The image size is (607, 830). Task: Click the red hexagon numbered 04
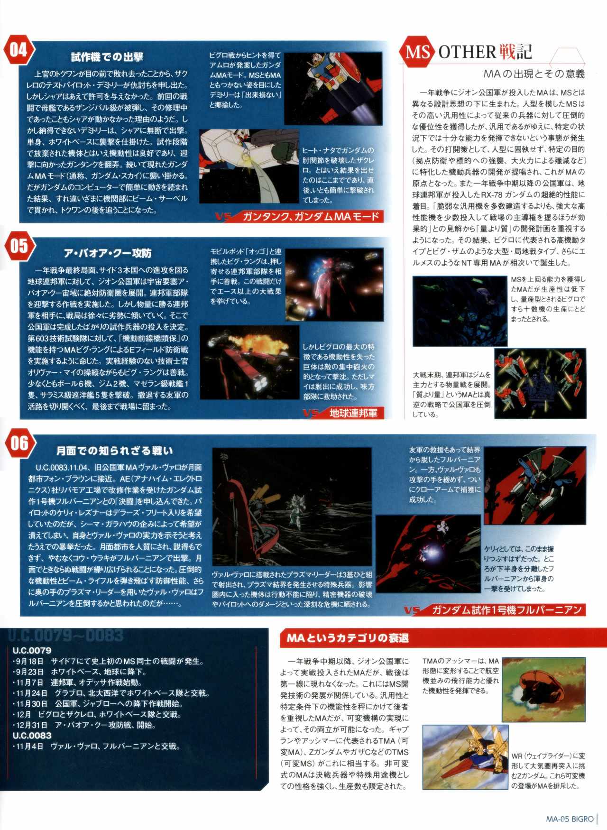pyautogui.click(x=18, y=50)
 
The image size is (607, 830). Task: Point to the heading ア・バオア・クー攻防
pyautogui.click(x=108, y=254)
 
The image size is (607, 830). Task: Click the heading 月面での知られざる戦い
pyautogui.click(x=115, y=451)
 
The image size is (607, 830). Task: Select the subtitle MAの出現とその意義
pyautogui.click(x=534, y=74)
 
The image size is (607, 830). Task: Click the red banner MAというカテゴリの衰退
pyautogui.click(x=348, y=638)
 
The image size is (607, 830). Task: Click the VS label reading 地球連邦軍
pyautogui.click(x=353, y=413)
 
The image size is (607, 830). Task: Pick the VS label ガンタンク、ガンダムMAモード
pyautogui.click(x=311, y=217)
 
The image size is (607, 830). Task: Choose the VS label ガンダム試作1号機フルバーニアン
pyautogui.click(x=507, y=610)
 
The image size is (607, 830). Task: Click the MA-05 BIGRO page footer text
pyautogui.click(x=570, y=819)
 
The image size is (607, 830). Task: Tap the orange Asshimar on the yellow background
pyautogui.click(x=533, y=686)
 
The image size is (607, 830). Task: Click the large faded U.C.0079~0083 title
pyautogui.click(x=66, y=635)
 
